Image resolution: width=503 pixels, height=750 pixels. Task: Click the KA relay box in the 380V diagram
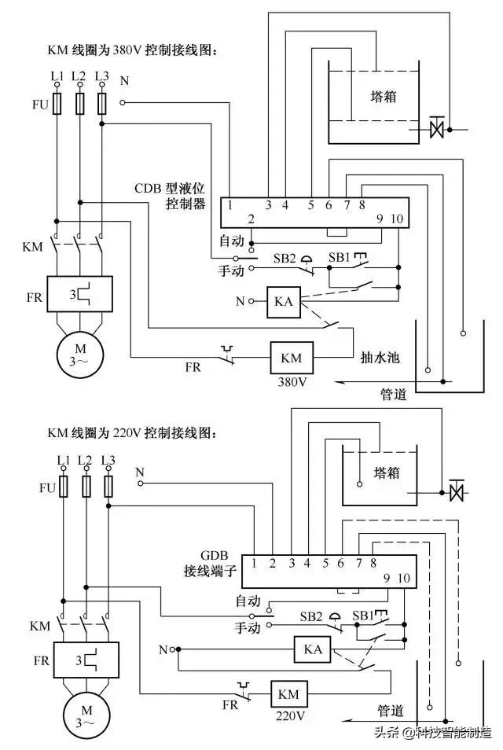click(283, 302)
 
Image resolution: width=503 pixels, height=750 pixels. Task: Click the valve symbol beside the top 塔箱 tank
click(437, 127)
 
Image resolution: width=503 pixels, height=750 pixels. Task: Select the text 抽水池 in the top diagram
click(380, 357)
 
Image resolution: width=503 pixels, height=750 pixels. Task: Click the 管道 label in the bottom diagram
click(391, 711)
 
